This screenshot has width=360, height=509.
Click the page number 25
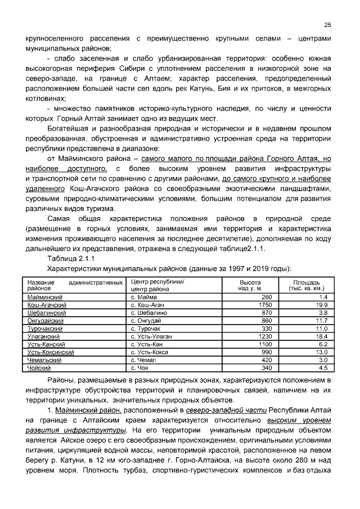327,25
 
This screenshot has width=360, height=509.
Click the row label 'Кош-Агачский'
45,304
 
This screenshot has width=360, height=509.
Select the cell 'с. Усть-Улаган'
151,336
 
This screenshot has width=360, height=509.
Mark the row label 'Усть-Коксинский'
51,352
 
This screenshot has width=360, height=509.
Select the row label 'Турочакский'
44,328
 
